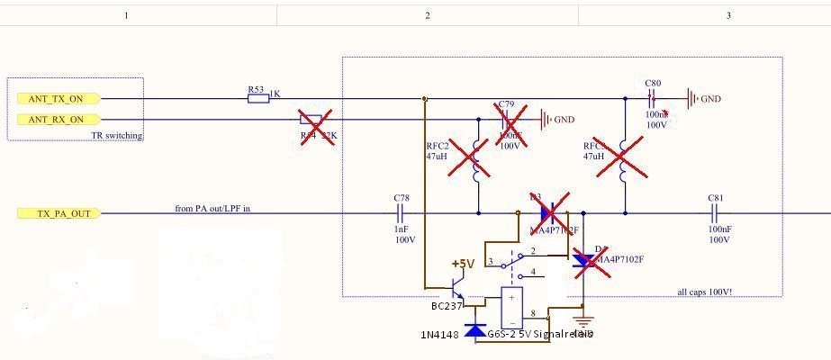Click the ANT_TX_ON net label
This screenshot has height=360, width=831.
coord(57,98)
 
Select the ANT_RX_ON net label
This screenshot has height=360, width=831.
coord(57,119)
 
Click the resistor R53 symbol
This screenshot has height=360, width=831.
coord(257,98)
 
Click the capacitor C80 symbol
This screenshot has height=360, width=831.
coord(653,98)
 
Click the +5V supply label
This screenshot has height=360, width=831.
coord(463,264)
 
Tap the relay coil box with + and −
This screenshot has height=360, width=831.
coord(511,309)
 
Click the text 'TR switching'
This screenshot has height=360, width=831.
coord(117,135)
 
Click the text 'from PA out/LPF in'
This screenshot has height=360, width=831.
coord(212,209)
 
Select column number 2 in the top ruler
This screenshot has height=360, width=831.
coord(427,15)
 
